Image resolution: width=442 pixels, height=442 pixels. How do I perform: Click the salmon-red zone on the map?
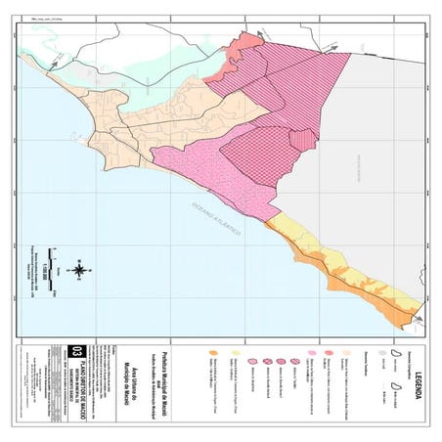(242, 46)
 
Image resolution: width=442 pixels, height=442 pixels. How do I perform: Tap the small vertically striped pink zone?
(302, 139)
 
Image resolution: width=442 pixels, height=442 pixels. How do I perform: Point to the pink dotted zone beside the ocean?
(196, 171)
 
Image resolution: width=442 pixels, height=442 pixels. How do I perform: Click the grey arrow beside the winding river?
(55, 61)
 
